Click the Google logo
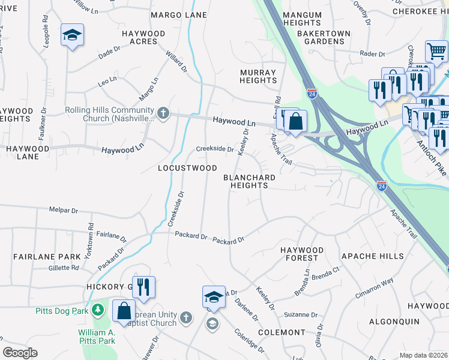(x=20, y=353)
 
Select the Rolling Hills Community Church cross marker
(x=162, y=113)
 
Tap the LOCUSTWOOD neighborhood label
(x=187, y=168)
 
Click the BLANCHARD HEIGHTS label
(x=249, y=182)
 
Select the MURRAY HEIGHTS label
(x=258, y=76)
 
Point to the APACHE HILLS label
(x=372, y=256)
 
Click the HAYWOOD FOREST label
(x=301, y=254)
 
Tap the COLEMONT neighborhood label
(x=282, y=332)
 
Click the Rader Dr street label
(x=372, y=54)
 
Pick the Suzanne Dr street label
(x=300, y=314)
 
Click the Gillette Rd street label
(x=64, y=268)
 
